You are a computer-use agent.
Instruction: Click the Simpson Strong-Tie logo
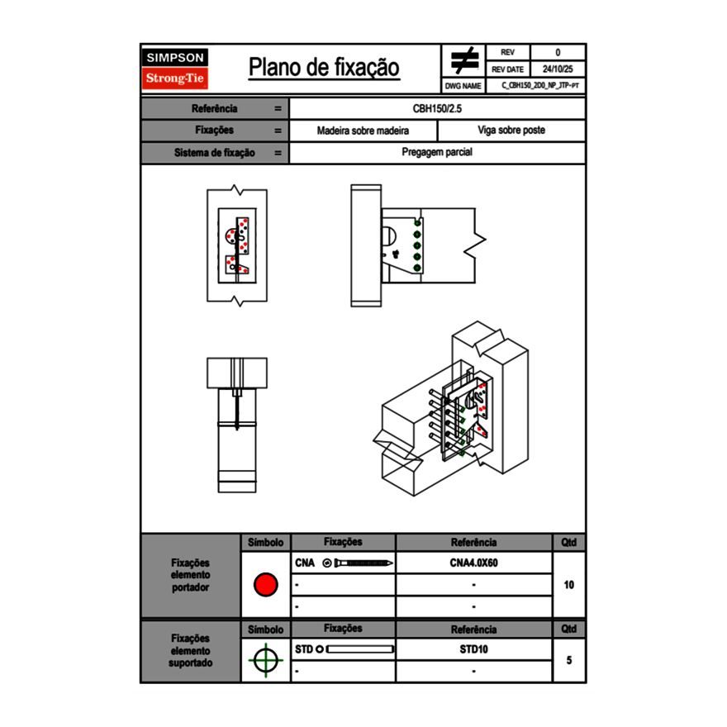[175, 69]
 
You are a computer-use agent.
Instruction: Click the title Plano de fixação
[324, 68]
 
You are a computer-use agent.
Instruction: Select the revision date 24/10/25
[558, 69]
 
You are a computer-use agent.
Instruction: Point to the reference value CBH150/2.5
[438, 108]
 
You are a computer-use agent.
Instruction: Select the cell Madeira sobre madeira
[363, 131]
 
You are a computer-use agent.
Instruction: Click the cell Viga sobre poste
[511, 131]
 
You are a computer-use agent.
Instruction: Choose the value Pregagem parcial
[438, 153]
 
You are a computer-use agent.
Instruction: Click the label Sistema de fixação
[215, 153]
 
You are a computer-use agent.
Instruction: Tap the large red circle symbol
[265, 585]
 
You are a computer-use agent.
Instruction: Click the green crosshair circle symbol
[265, 660]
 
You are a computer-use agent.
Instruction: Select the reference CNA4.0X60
[473, 563]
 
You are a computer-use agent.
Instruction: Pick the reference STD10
[473, 649]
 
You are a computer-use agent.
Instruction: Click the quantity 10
[569, 585]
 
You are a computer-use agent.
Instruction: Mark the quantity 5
[569, 660]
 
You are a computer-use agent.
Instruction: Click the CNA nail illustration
[359, 563]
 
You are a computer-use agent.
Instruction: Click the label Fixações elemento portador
[191, 576]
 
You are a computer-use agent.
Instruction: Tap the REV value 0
[558, 52]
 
